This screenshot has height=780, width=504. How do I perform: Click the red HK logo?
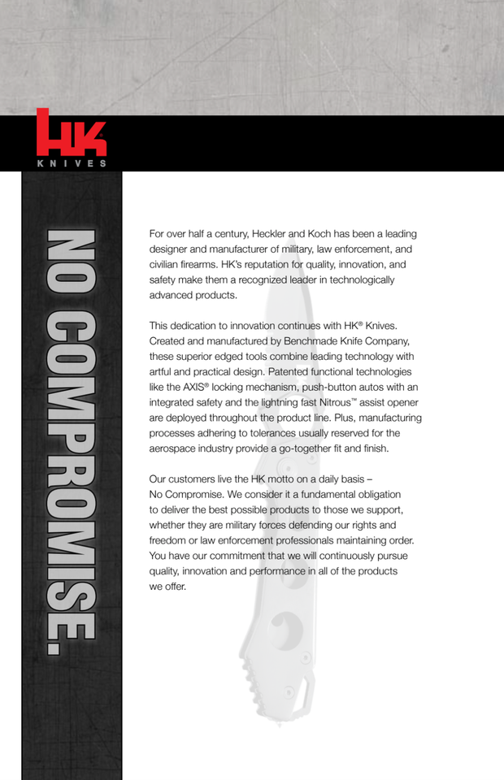tap(71, 133)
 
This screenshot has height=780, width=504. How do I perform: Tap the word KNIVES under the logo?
tap(72, 162)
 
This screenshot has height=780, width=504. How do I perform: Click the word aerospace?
tap(177, 448)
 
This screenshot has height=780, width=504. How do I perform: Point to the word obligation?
tap(370, 495)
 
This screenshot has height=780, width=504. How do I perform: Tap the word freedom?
tap(168, 540)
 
